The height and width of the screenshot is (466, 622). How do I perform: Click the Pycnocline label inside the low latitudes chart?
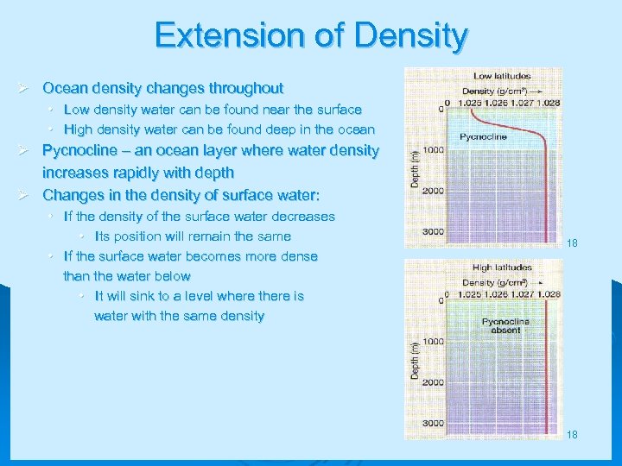[x=483, y=136]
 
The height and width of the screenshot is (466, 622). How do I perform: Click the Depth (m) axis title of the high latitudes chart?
[x=416, y=360]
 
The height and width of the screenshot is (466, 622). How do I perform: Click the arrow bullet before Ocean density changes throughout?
[x=26, y=88]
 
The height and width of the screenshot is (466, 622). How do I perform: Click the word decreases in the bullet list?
[x=302, y=216]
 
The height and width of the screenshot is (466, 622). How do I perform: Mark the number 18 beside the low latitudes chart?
[x=572, y=244]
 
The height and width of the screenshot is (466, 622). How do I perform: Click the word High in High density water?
[x=79, y=129]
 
